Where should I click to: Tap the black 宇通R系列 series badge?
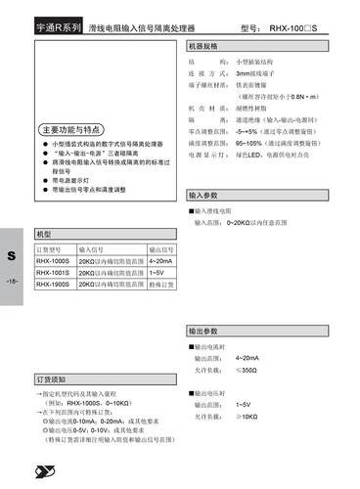click(57, 29)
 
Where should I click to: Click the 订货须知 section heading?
click(51, 378)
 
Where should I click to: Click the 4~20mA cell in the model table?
click(160, 261)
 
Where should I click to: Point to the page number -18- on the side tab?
click(12, 283)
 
